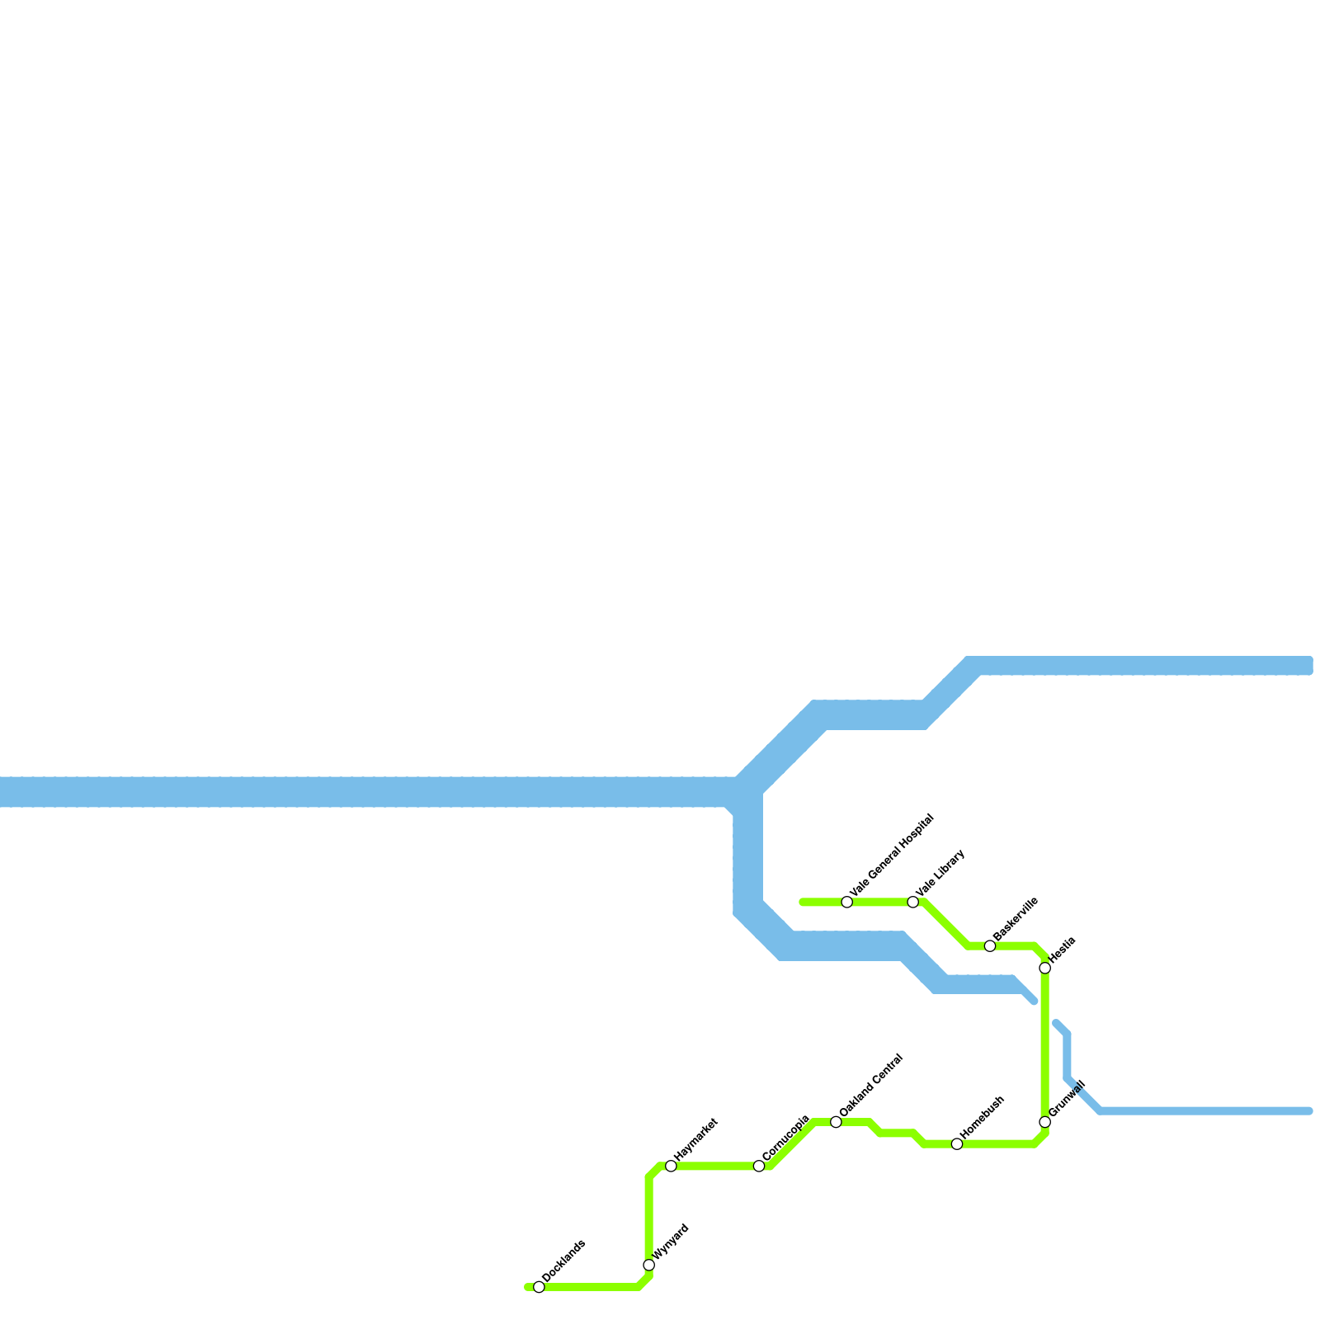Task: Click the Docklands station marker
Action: (x=539, y=1287)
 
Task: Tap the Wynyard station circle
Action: (x=649, y=1266)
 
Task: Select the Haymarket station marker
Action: (x=671, y=1166)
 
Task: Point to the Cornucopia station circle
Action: (x=759, y=1166)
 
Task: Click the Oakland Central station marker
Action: (x=836, y=1122)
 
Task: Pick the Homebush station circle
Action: (x=957, y=1143)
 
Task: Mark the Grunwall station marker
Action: (x=1045, y=1122)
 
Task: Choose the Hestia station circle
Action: (x=1045, y=968)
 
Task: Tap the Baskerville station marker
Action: (x=990, y=945)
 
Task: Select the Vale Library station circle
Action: (x=913, y=902)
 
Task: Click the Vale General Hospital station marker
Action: (x=847, y=902)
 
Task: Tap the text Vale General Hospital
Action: (x=892, y=856)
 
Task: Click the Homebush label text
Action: (x=983, y=1117)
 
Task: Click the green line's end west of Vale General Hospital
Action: (x=802, y=902)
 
